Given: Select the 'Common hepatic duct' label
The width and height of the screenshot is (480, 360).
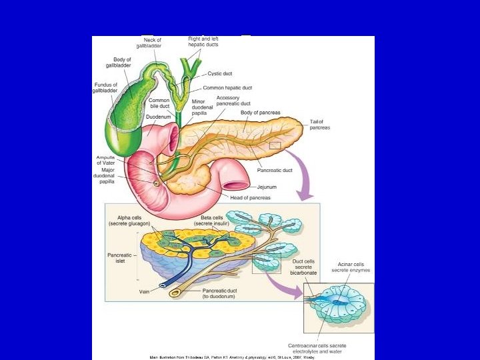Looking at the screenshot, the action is coord(227,88).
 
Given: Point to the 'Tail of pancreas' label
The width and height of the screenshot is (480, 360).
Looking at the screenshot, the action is coord(319,125).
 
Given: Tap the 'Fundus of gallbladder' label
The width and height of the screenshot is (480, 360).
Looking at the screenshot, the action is coord(106,87).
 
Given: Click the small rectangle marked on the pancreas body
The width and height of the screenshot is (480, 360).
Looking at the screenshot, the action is coord(275,145).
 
